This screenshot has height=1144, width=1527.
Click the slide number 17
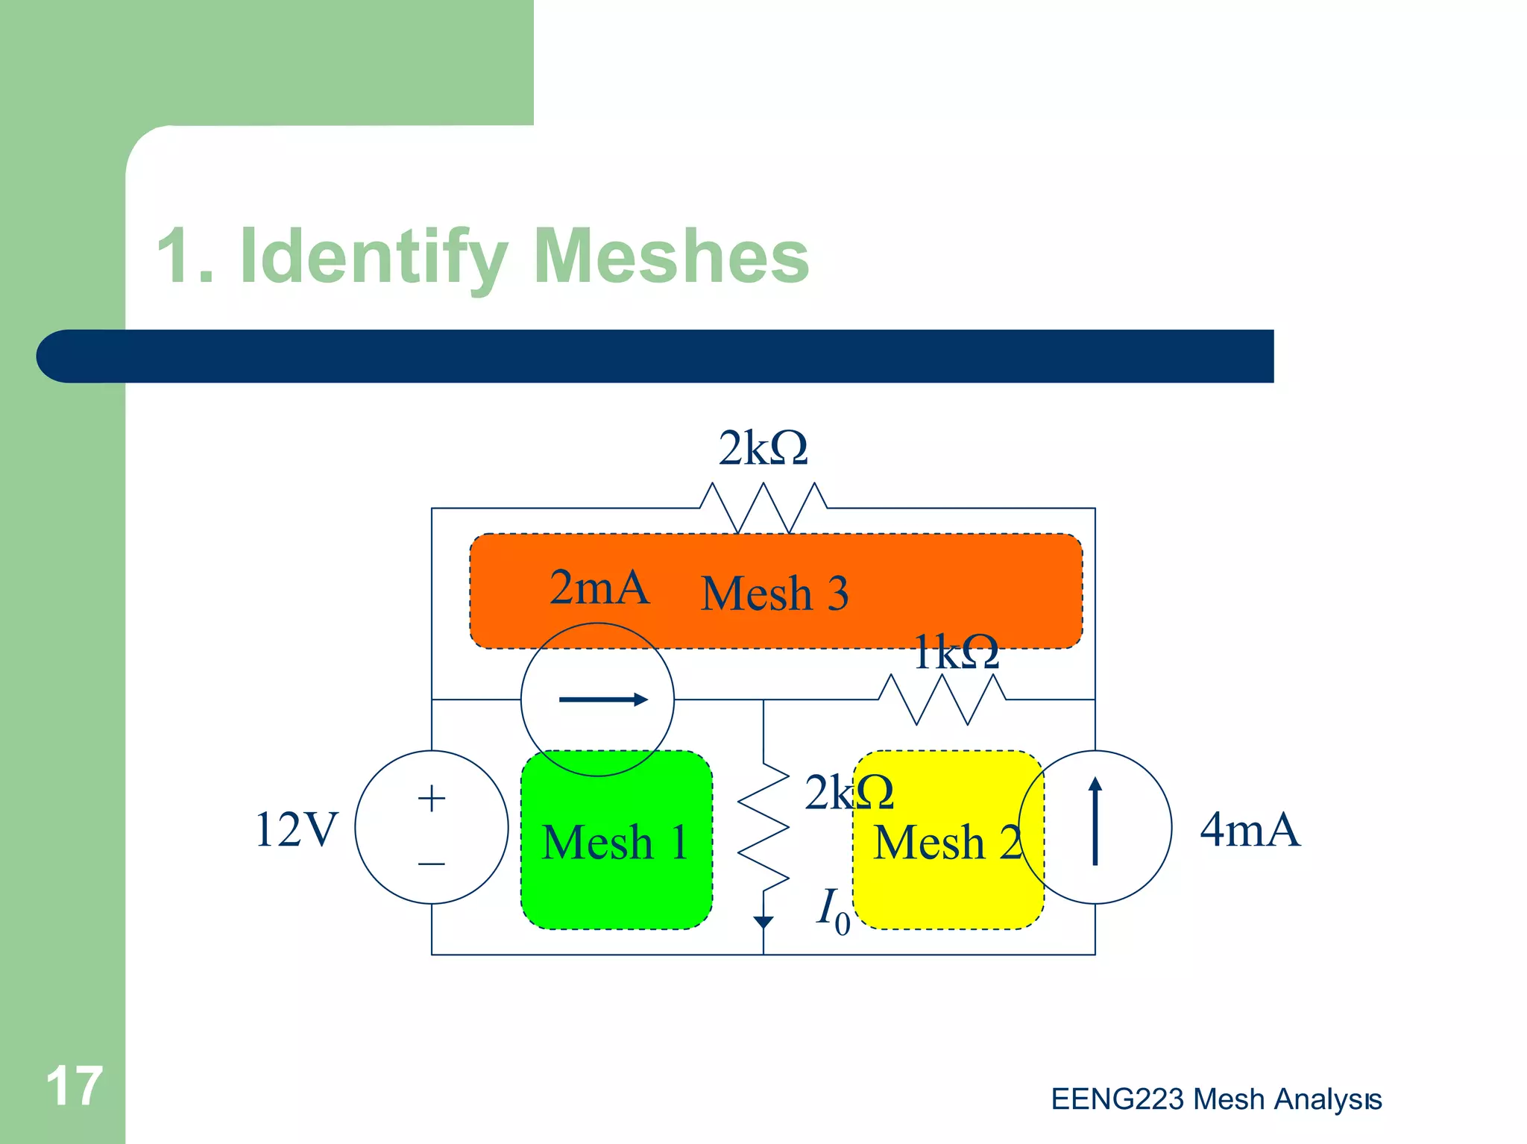point(74,1087)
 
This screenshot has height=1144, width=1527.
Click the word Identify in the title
point(374,257)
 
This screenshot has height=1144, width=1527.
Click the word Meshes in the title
point(671,257)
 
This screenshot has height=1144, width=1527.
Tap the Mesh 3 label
point(775,594)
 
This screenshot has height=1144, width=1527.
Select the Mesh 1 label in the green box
point(615,843)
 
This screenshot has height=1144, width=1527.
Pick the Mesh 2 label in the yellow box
point(946,843)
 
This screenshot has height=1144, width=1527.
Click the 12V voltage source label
point(296,829)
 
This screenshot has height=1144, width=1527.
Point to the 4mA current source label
point(1250,829)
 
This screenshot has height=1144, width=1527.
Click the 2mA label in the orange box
point(599,588)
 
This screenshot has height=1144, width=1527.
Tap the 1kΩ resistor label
point(956,653)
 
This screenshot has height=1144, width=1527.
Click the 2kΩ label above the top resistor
point(763,449)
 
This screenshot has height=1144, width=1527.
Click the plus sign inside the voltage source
point(432,799)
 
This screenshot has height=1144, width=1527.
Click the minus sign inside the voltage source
point(432,864)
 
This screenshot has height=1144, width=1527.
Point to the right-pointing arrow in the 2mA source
point(602,700)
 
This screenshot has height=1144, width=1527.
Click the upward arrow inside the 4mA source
point(1095,820)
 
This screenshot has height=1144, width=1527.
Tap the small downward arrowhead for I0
point(763,922)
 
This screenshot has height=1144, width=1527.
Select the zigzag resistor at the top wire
point(763,507)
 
